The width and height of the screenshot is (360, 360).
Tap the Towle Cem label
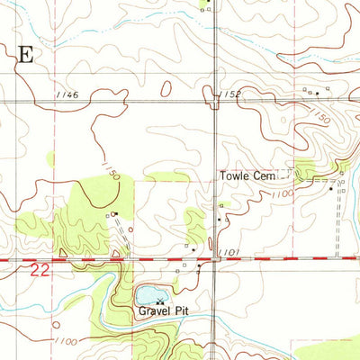point(247,176)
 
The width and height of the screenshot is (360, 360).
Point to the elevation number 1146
point(66,94)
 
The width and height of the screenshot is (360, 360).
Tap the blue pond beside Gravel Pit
point(145,294)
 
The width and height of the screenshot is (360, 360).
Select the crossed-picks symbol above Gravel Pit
point(160,301)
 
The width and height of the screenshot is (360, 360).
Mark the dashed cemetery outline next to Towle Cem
point(284,174)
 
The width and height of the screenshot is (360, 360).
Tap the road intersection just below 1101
point(217,260)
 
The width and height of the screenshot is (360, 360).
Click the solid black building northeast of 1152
point(317,93)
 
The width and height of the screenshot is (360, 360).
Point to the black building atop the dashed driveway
point(115,213)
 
